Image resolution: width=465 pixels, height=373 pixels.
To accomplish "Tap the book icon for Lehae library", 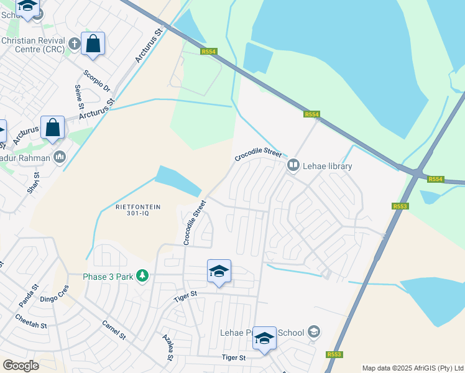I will coord(292,166).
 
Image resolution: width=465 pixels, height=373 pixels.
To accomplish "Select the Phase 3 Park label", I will coord(109,276).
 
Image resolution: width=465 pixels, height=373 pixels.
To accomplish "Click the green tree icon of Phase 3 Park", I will coord(142,275).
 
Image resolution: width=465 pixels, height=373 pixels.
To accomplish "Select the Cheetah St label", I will coord(31,323).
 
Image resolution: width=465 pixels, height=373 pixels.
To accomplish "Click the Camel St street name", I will coord(114,331).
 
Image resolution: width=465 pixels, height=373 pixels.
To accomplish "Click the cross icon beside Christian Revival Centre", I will coord(74,44).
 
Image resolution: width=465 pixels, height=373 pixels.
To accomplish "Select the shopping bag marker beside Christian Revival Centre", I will coord(93,44).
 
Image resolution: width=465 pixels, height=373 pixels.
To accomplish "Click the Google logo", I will coord(21,366).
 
